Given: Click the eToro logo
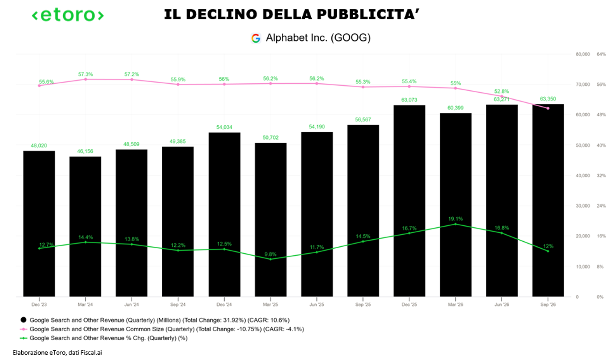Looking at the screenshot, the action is [x=68, y=15].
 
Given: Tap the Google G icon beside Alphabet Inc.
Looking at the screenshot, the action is [x=256, y=38].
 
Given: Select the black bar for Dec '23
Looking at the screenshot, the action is [x=39, y=224].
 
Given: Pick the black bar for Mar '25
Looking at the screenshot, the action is [x=271, y=220].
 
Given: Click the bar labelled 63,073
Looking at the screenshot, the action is [x=409, y=201].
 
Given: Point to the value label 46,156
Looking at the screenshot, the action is [x=85, y=151].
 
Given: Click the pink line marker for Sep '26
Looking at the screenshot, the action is [x=548, y=108].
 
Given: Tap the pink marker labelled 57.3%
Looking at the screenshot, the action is [x=85, y=79].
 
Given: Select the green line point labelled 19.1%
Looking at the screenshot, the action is [x=455, y=224].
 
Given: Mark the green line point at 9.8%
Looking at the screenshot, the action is [x=271, y=259].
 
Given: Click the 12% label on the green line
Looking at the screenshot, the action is [x=548, y=246].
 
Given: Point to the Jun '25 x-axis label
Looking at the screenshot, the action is [x=317, y=305].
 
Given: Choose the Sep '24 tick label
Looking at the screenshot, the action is [x=178, y=305].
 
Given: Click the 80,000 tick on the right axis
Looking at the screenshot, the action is [x=583, y=55].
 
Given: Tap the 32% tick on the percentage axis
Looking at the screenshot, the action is [x=601, y=176].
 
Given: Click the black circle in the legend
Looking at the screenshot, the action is [x=24, y=320].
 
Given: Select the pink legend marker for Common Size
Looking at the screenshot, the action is [x=24, y=329].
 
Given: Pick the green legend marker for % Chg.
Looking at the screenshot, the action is [x=24, y=338].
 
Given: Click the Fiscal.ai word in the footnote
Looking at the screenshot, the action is [x=91, y=353].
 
